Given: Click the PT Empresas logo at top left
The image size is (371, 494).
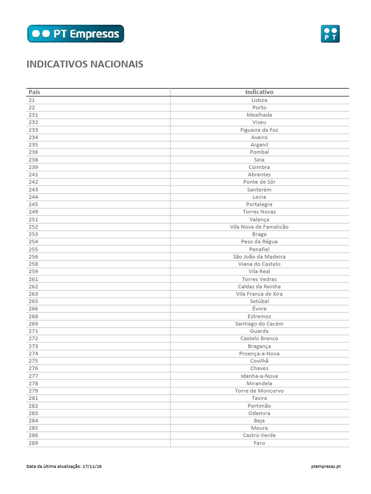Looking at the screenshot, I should click(x=76, y=34).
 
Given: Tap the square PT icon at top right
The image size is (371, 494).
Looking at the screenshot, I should click(x=330, y=34).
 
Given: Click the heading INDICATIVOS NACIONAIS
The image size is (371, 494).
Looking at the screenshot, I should click(x=85, y=64).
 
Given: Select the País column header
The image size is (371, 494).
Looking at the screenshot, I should click(x=34, y=92).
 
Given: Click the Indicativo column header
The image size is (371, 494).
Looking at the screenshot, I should click(x=259, y=92).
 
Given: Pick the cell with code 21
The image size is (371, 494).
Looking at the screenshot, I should click(x=32, y=100).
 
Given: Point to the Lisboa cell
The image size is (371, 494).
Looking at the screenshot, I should click(x=259, y=100).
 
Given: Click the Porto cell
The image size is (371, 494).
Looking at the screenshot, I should click(x=259, y=108).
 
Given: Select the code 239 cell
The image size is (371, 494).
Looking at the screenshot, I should click(x=33, y=167).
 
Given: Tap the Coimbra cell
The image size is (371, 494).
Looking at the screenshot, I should click(x=259, y=167).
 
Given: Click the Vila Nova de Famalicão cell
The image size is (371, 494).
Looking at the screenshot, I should click(x=259, y=227).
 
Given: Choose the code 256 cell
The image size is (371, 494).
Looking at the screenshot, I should click(x=33, y=257).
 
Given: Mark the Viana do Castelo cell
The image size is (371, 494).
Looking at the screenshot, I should click(x=259, y=264).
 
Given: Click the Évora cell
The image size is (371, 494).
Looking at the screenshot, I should click(x=259, y=309).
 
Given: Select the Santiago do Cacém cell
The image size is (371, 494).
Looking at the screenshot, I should click(x=259, y=324).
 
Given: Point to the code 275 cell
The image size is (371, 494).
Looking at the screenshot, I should click(x=33, y=361).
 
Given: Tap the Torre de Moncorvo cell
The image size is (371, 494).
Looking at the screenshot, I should click(x=259, y=391).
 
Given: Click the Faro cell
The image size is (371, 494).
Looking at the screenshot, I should click(x=259, y=443).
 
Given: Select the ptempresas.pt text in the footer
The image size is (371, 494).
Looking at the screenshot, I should click(x=327, y=467).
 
